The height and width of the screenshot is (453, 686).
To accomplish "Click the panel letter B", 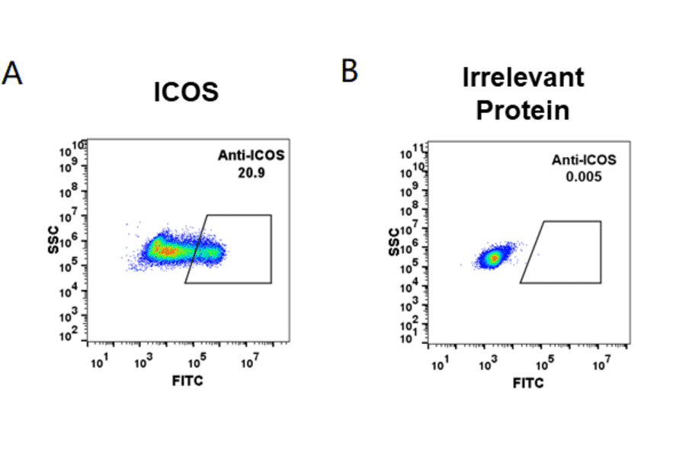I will pyautogui.click(x=349, y=71).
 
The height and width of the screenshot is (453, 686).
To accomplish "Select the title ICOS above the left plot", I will pyautogui.click(x=186, y=92).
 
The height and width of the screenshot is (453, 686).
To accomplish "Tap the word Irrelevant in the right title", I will pyautogui.click(x=523, y=77).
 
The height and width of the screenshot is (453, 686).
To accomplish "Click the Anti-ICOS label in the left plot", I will pyautogui.click(x=251, y=156).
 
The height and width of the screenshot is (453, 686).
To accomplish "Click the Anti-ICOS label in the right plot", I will pyautogui.click(x=584, y=160).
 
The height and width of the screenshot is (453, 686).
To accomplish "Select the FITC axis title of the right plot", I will pyautogui.click(x=528, y=383).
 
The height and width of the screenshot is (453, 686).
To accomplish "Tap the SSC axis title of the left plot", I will pyautogui.click(x=56, y=243).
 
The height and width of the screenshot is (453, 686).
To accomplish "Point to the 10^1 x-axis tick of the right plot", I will pyautogui.click(x=440, y=365).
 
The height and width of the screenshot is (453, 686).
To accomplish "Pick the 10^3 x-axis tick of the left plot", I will pyautogui.click(x=142, y=360).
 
